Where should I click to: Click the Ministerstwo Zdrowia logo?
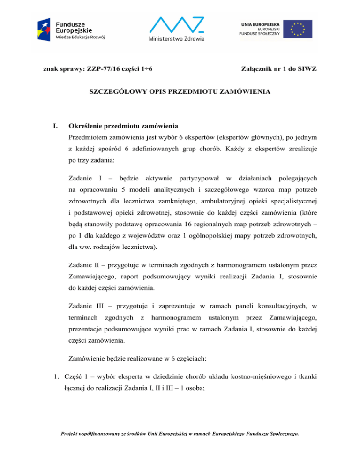(180, 30)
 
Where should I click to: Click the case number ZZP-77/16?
(94, 69)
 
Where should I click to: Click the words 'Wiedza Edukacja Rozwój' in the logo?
(79, 38)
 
